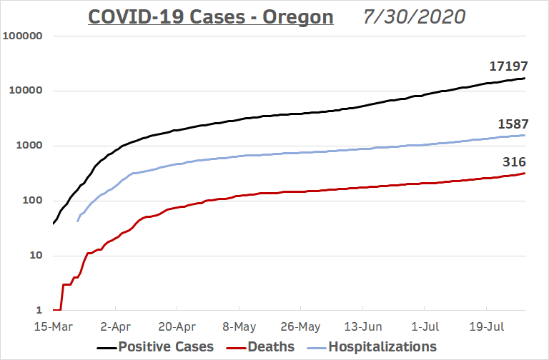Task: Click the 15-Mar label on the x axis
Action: coord(53,326)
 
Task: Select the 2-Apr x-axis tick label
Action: coord(115,326)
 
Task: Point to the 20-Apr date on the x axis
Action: coord(177,326)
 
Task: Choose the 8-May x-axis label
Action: coord(239,326)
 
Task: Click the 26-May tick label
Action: coord(300,326)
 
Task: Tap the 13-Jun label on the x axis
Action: coord(362,326)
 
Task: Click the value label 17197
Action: coord(508,66)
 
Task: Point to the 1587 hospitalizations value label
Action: coord(513,124)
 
